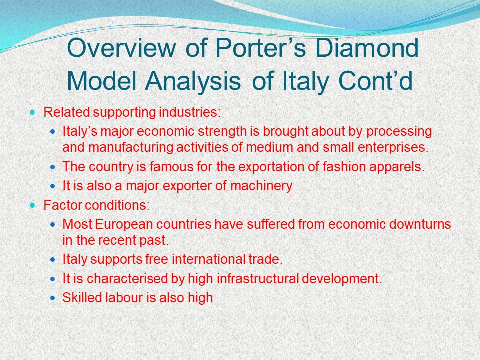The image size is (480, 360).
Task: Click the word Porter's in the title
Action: [x=260, y=48]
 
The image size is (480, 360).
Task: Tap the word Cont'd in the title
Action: [x=375, y=81]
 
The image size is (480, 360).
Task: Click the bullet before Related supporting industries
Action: [x=33, y=112]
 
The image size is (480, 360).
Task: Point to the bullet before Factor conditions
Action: [x=33, y=205]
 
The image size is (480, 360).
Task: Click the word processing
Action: [x=399, y=132]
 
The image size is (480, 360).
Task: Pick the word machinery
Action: [x=261, y=186]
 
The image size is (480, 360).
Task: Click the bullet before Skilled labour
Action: [x=53, y=298]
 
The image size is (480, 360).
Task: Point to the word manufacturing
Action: [x=131, y=148]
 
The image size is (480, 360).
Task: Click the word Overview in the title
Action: [x=121, y=48]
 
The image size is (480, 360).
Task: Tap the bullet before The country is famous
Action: [x=53, y=167]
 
